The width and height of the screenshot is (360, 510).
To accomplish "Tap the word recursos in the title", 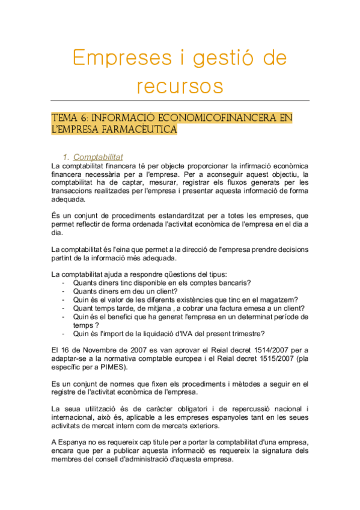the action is click(x=180, y=85).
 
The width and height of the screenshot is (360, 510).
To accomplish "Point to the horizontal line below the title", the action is click(x=180, y=100).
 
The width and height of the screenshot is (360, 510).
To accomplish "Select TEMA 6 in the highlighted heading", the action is click(x=69, y=117).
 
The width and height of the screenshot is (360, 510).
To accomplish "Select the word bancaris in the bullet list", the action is click(x=234, y=283).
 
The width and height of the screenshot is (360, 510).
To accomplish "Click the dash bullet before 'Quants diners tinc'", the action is click(x=64, y=283).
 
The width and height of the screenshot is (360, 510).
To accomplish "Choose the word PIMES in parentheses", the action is click(x=114, y=367).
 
